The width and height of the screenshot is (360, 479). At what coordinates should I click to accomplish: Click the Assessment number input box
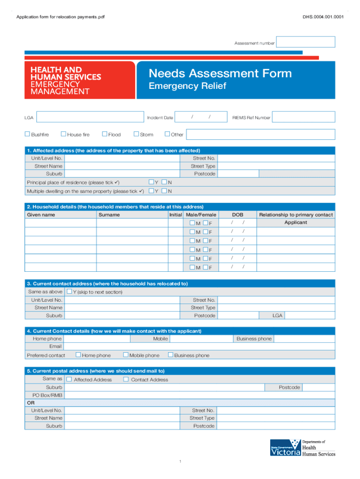tap(305, 42)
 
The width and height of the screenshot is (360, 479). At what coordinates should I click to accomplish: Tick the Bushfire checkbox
tap(28, 134)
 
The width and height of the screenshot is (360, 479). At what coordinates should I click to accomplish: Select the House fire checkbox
tap(64, 134)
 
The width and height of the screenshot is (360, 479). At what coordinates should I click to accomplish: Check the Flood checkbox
tap(105, 134)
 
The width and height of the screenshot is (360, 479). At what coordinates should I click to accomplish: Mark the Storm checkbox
tap(137, 134)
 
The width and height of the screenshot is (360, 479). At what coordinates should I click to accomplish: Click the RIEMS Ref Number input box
tap(303, 117)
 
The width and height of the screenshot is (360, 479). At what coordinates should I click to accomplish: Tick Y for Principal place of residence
tap(151, 182)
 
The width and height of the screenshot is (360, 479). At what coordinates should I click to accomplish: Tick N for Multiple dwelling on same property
tap(165, 191)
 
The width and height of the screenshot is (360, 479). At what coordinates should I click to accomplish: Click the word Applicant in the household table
tap(295, 223)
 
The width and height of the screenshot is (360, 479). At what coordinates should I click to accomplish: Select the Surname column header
tap(109, 215)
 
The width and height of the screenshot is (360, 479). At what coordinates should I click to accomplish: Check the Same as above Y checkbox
tap(69, 291)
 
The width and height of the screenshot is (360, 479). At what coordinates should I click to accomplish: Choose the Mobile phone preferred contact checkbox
tap(126, 355)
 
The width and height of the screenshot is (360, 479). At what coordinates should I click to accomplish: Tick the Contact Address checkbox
tap(126, 379)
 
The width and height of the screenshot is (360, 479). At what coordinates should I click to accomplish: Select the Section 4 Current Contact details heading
tap(114, 331)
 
